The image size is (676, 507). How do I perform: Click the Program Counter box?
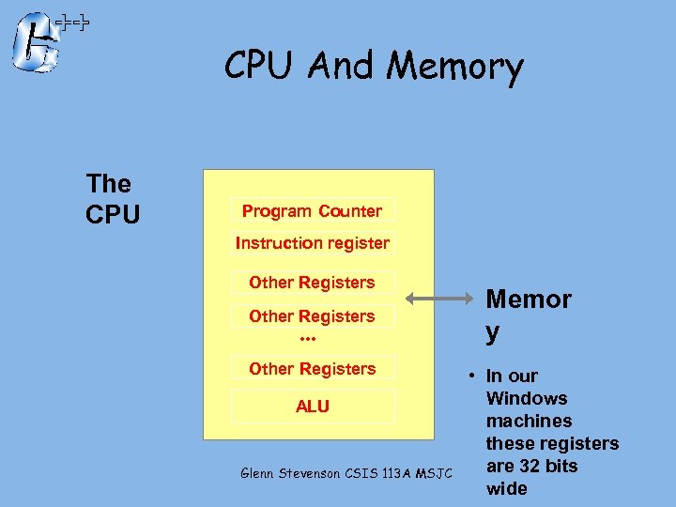(312, 210)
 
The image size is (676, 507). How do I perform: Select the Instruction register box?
(312, 243)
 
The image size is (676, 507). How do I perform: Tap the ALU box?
(312, 406)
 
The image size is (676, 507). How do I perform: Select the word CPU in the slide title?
(260, 67)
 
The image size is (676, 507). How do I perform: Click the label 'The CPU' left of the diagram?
(112, 199)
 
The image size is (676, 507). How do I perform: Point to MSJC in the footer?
(433, 472)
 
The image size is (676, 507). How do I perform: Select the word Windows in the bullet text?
(527, 398)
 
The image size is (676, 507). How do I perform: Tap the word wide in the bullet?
(506, 488)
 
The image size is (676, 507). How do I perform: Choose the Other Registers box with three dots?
(312, 316)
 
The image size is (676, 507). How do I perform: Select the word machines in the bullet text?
(529, 421)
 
